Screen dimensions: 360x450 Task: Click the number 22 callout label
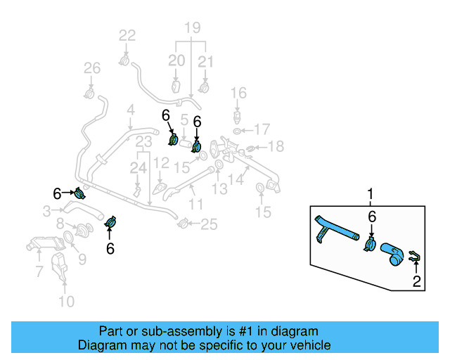click(x=127, y=36)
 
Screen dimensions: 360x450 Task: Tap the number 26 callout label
click(x=92, y=68)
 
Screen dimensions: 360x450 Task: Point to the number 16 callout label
click(x=239, y=93)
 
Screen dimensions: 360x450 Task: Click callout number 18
click(x=276, y=146)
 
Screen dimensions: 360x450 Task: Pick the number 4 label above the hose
click(x=130, y=110)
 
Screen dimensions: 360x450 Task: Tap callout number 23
click(x=144, y=143)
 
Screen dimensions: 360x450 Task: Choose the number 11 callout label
click(x=195, y=205)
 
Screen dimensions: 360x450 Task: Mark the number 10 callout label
click(x=65, y=302)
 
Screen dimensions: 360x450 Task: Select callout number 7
click(x=39, y=271)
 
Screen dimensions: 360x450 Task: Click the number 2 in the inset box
click(x=417, y=283)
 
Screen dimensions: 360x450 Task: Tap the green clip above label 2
click(x=416, y=258)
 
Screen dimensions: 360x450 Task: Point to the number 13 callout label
click(x=221, y=188)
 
